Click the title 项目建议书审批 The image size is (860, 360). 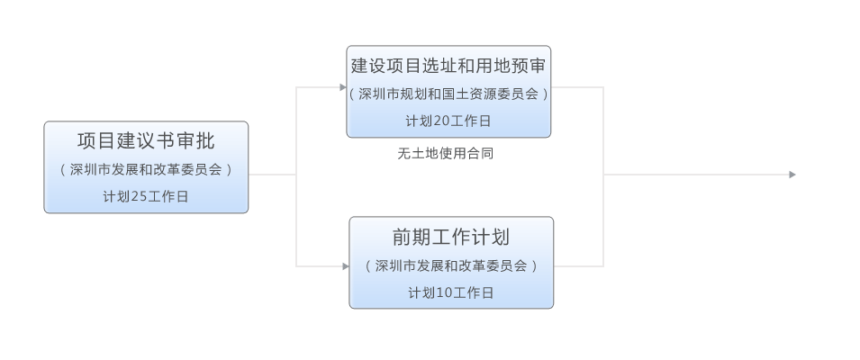146,140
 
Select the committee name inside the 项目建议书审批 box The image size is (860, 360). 146,169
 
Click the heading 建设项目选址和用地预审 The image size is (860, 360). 448,65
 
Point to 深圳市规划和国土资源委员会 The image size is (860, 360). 448,93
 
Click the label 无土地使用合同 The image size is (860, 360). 445,154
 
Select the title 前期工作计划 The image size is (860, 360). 451,237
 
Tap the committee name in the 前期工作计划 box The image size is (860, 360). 451,265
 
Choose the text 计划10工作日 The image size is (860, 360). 451,293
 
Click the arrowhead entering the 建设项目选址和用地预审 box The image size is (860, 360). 343,87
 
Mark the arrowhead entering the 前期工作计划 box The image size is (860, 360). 346,266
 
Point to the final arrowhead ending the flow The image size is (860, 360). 792,175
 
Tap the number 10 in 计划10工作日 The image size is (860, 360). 443,293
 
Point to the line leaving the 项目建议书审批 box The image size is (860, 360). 270,175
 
